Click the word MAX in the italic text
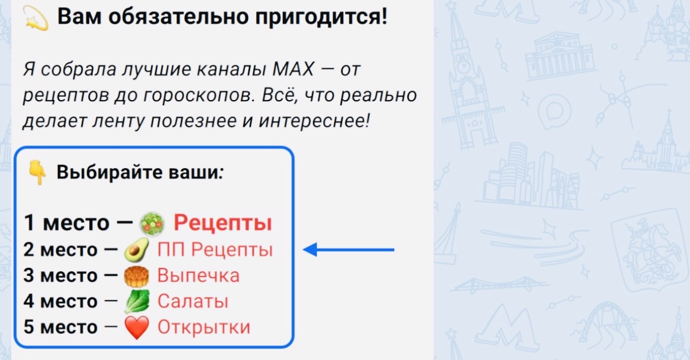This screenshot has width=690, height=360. point(294,69)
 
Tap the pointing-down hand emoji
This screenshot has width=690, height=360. point(37,173)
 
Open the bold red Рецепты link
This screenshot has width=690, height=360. point(223,223)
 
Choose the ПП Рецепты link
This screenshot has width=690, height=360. point(215,250)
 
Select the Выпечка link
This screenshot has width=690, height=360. point(199,275)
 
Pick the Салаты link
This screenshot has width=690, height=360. point(193,301)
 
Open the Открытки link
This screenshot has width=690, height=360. point(204,327)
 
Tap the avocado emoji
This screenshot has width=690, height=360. point(137,250)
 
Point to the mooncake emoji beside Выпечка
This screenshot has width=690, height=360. point(137,276)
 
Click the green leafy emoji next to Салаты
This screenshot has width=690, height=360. point(137,302)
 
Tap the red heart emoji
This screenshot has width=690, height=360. point(137,327)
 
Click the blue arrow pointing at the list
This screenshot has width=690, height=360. point(348,250)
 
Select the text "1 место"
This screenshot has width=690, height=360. point(66,223)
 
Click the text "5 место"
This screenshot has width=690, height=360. point(61,327)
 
